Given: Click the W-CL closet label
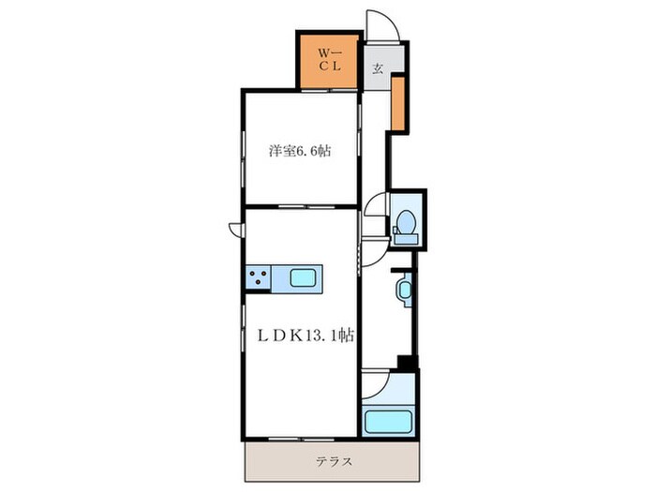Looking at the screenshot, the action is pyautogui.click(x=330, y=59).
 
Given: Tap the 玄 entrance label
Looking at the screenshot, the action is pyautogui.click(x=378, y=68).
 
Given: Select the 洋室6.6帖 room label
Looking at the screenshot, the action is pyautogui.click(x=300, y=151).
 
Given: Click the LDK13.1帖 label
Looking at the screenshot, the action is pyautogui.click(x=306, y=335).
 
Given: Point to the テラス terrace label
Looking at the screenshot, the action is pyautogui.click(x=334, y=462).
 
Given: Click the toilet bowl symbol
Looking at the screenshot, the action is pyautogui.click(x=406, y=221).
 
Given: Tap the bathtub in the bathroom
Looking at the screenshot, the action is pyautogui.click(x=388, y=422).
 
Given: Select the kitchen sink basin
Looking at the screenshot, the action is pyautogui.click(x=303, y=278).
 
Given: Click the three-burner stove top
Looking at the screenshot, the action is pyautogui.click(x=258, y=277).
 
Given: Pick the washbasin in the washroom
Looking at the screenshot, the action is pyautogui.click(x=405, y=289).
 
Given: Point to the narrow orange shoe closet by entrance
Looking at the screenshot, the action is pyautogui.click(x=398, y=103).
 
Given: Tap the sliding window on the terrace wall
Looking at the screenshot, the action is pyautogui.click(x=301, y=439).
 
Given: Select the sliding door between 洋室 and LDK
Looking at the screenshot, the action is pyautogui.click(x=306, y=206).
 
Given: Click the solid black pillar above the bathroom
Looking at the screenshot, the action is pyautogui.click(x=406, y=363).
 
